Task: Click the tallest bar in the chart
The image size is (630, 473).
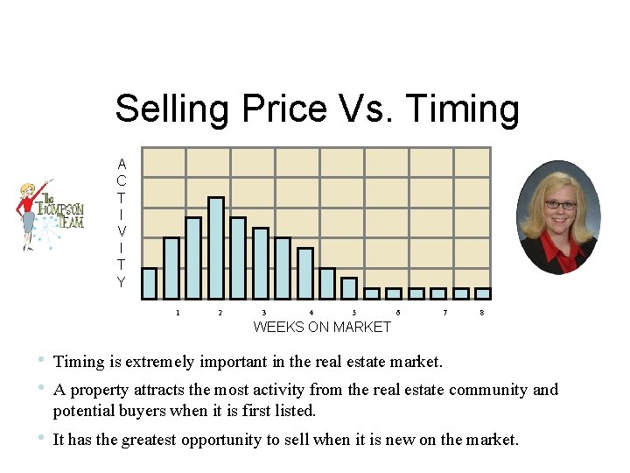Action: coord(215,248)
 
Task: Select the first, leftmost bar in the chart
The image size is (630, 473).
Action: coord(150,283)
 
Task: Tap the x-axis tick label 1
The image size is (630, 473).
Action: coord(178,313)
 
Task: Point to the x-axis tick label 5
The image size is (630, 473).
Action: coord(354,313)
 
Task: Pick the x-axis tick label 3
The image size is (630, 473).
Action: coord(264,313)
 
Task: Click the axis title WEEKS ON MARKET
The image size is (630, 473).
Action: coord(322,328)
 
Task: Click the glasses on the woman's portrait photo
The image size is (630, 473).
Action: coord(560,205)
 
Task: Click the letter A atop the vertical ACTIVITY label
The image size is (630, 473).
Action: coord(121,164)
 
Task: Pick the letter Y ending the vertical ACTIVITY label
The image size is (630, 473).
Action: coord(121,282)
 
